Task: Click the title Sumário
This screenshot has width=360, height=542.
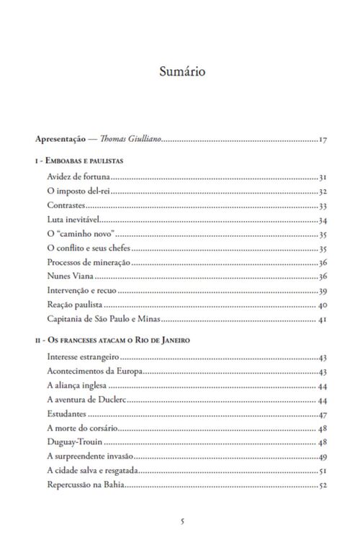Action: [180, 72]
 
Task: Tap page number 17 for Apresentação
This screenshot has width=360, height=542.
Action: [323, 139]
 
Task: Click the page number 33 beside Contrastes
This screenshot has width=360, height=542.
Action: [323, 206]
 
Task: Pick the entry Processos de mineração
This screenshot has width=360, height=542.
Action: [88, 263]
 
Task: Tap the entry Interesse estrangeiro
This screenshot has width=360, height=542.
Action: [81, 358]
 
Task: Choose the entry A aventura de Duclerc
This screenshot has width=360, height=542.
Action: [86, 400]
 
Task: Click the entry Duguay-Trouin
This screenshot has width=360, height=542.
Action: [73, 443]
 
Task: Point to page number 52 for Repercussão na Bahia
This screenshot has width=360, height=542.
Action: [323, 485]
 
